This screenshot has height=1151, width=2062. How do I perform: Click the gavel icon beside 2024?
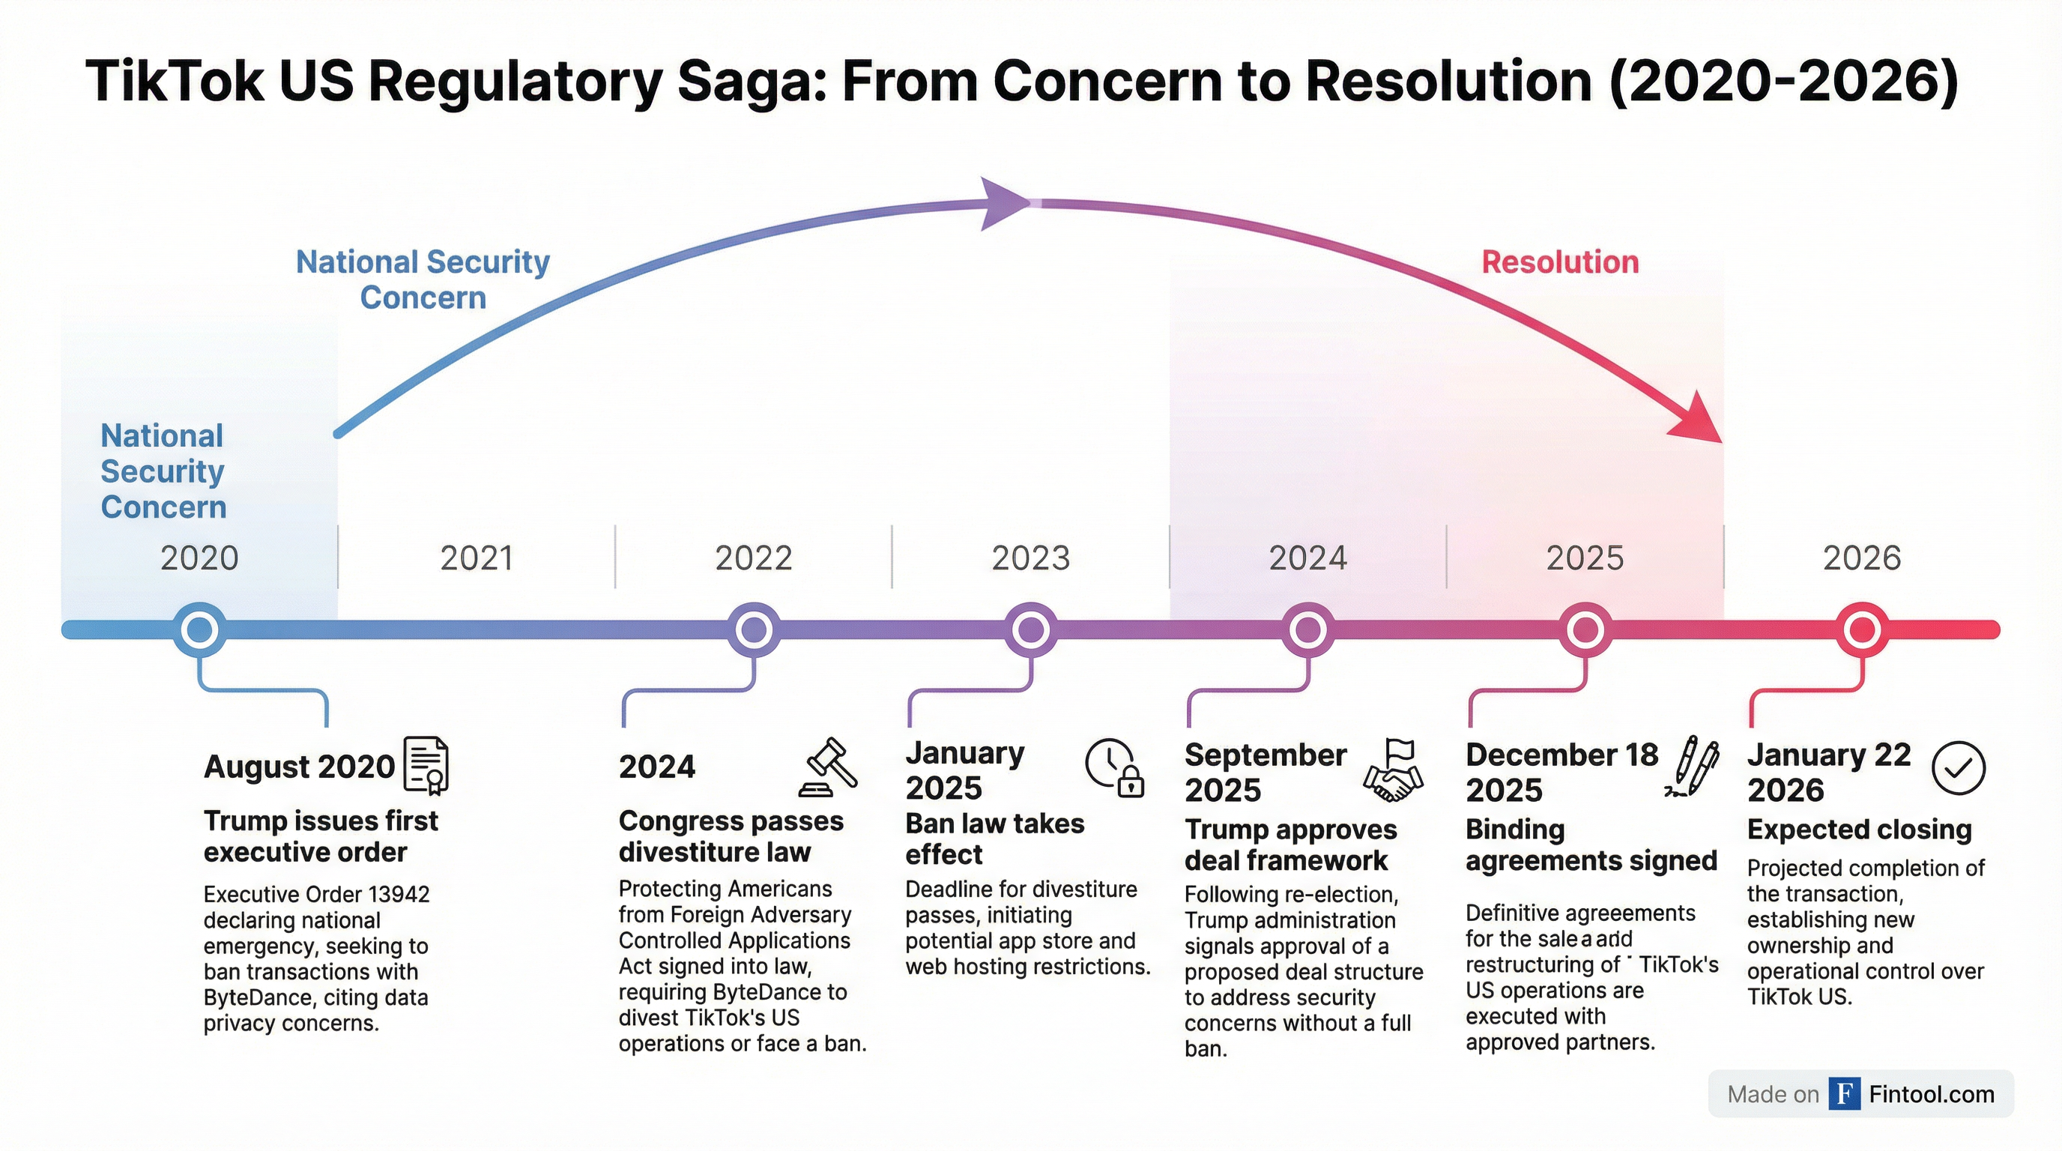[x=828, y=767]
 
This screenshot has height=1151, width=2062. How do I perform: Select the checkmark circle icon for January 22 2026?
[x=1958, y=768]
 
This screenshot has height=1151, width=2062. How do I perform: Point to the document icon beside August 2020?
[x=426, y=765]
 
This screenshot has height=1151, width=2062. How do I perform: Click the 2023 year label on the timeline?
[x=1030, y=558]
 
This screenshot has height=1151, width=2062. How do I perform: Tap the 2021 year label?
[x=477, y=558]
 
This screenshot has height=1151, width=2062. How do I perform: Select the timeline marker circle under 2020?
[x=199, y=630]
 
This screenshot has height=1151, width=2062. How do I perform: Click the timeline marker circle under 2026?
[x=1862, y=630]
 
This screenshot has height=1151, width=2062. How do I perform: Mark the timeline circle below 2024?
[x=1308, y=630]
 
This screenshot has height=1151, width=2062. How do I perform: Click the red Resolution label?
[x=1560, y=262]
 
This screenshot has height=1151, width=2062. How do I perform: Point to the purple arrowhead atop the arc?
[x=1006, y=203]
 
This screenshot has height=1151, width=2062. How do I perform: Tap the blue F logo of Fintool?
[x=1844, y=1093]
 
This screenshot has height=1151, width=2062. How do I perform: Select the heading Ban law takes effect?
[x=994, y=839]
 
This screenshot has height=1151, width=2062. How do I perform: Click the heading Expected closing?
[x=1860, y=830]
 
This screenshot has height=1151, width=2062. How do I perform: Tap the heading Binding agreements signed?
[x=1591, y=845]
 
